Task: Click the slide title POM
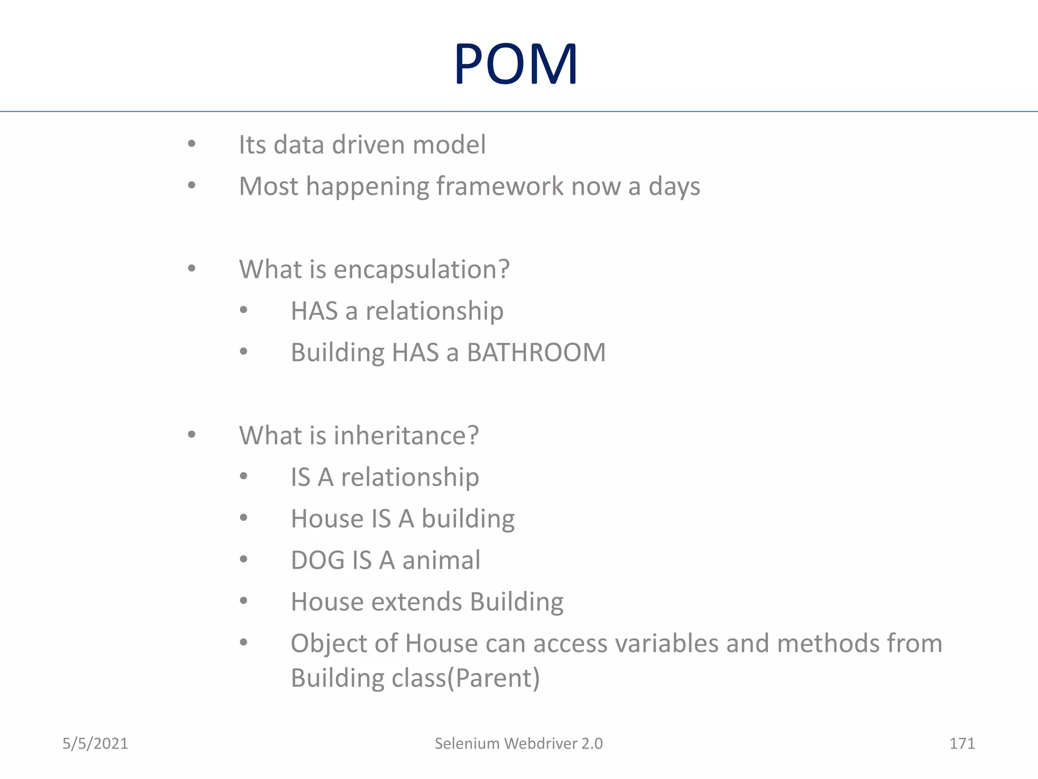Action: coord(516,64)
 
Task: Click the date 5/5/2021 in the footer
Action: coord(95,743)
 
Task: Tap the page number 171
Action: coord(961,743)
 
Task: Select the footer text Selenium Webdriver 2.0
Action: coord(518,743)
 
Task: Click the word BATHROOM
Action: coord(536,352)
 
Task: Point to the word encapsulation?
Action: coord(421,269)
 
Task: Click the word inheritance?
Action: coord(406,436)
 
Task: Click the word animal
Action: coord(441,560)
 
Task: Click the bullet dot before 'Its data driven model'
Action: coord(192,144)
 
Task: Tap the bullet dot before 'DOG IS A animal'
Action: coord(244,559)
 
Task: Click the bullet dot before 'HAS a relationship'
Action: coord(244,310)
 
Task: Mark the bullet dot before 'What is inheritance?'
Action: coord(192,435)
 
